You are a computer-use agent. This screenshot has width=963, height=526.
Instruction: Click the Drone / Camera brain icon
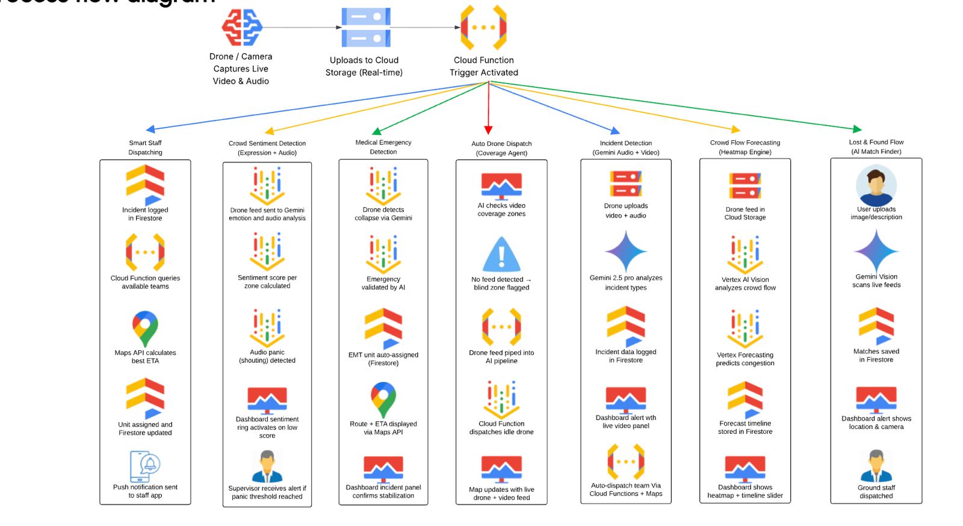pyautogui.click(x=241, y=28)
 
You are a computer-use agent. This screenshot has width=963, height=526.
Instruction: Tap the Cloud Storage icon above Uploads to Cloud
pyautogui.click(x=365, y=28)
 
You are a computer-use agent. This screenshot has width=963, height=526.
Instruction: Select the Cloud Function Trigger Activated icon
pyautogui.click(x=483, y=28)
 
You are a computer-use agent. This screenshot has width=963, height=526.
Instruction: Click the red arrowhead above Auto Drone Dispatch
pyautogui.click(x=488, y=130)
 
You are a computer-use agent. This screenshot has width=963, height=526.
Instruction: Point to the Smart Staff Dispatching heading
pyautogui.click(x=145, y=147)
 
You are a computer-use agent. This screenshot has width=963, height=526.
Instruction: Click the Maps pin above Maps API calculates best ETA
pyautogui.click(x=145, y=329)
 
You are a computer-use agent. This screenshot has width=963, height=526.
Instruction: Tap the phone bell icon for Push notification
pyautogui.click(x=145, y=466)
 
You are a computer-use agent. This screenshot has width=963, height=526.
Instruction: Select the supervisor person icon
pyautogui.click(x=267, y=467)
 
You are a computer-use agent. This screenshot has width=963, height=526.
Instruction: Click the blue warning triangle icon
pyautogui.click(x=501, y=255)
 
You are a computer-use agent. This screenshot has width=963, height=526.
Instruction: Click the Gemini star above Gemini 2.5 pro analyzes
pyautogui.click(x=626, y=252)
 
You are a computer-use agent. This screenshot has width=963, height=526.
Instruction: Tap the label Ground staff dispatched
pyautogui.click(x=876, y=492)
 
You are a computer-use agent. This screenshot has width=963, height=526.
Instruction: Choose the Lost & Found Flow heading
pyautogui.click(x=876, y=147)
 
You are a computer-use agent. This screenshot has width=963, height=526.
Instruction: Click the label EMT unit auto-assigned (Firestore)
pyautogui.click(x=383, y=359)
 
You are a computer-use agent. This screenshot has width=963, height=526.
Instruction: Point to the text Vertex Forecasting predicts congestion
pyautogui.click(x=745, y=359)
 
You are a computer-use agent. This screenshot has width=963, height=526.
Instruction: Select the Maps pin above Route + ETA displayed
pyautogui.click(x=383, y=399)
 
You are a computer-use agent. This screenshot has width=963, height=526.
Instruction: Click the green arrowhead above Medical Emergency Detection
pyautogui.click(x=376, y=131)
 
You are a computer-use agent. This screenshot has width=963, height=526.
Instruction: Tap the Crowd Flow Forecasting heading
pyautogui.click(x=745, y=147)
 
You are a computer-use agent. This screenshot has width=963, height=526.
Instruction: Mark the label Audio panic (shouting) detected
pyautogui.click(x=267, y=356)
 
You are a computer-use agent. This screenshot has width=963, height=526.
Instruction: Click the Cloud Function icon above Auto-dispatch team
pyautogui.click(x=625, y=462)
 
